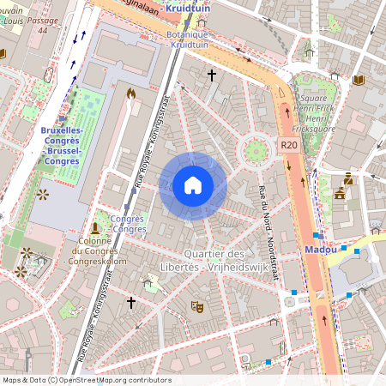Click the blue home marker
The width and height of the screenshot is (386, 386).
click(193, 185)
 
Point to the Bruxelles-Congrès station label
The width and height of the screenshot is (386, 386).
click(62, 145)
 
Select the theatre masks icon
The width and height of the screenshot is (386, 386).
click(196, 305)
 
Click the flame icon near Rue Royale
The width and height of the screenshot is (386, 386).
click(131, 93)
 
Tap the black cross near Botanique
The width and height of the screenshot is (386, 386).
click(211, 75)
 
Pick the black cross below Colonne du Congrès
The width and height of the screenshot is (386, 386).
click(131, 303)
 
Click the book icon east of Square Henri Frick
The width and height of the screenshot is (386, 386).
click(358, 81)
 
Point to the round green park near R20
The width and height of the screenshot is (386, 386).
click(254, 151)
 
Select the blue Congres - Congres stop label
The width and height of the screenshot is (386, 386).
click(128, 224)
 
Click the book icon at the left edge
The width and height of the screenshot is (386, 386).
click(3, 54)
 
